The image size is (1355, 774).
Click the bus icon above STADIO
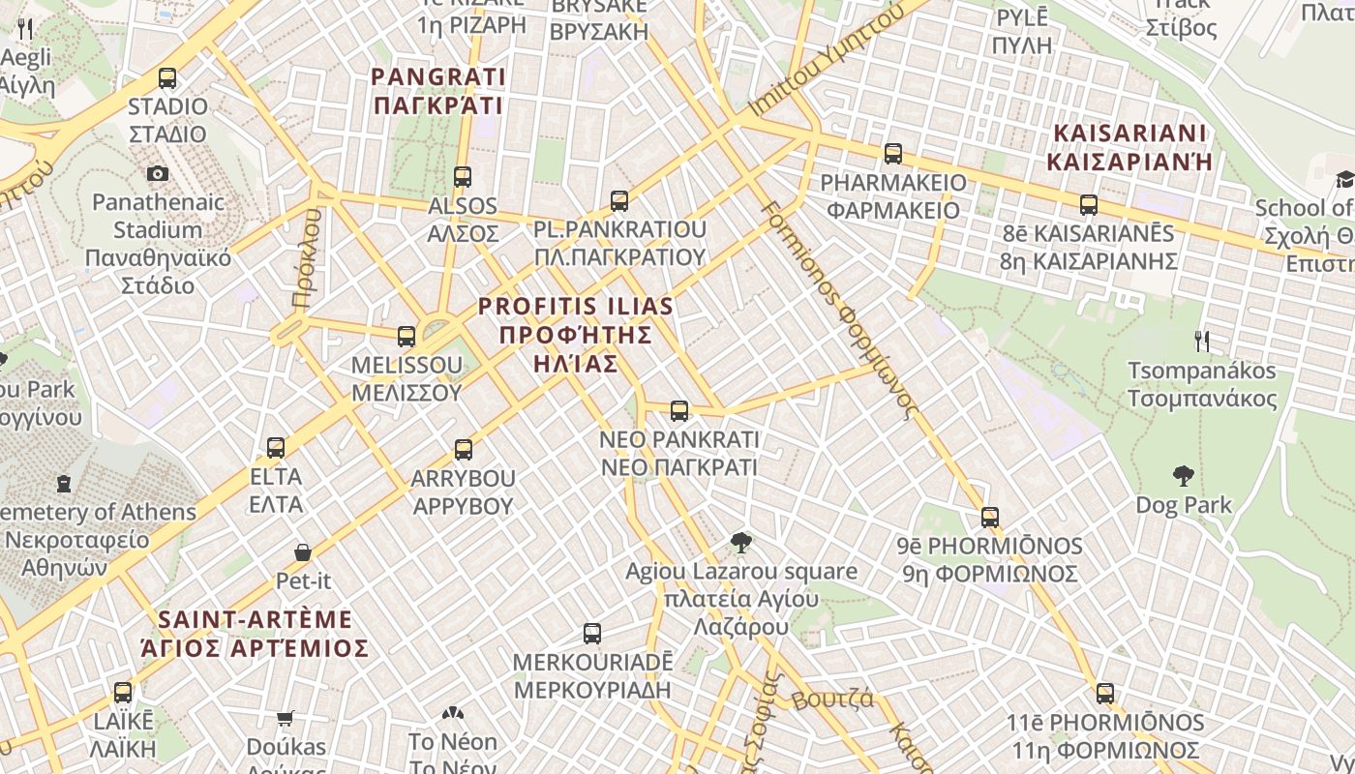[167, 78]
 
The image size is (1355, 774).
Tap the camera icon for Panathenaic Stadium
[157, 173]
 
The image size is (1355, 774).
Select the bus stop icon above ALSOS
[463, 177]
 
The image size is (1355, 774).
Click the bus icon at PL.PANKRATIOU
[619, 201]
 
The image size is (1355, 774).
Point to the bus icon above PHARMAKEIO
[892, 154]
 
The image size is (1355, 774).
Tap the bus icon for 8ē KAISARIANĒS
[1089, 205]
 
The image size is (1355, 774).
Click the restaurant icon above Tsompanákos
[1202, 341]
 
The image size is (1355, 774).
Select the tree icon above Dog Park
[1183, 475]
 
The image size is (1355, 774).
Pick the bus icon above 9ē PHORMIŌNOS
[989, 518]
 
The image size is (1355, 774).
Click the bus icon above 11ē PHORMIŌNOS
[1105, 694]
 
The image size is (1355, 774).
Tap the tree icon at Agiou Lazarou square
[741, 542]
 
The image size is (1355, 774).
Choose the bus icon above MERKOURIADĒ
[592, 635]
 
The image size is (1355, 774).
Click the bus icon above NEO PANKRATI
[679, 411]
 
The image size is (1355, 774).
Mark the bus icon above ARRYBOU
[464, 450]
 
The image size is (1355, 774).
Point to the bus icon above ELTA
[276, 448]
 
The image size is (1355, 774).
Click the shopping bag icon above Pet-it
[303, 552]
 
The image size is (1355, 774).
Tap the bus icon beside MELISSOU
[406, 337]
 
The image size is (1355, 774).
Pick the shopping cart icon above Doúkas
[285, 718]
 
